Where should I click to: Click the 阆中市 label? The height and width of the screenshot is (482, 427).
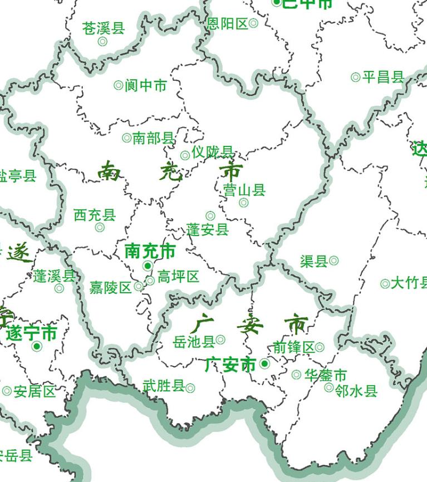[x=146, y=86]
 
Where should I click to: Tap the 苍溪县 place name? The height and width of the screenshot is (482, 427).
[x=104, y=28]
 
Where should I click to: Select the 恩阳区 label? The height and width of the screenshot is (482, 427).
[x=227, y=23]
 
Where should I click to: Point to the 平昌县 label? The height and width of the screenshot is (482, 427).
[x=383, y=77]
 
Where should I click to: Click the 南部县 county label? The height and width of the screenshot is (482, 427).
[x=154, y=138]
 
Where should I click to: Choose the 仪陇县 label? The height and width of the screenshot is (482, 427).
[x=213, y=152]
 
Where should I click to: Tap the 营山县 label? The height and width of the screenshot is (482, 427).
[x=244, y=190]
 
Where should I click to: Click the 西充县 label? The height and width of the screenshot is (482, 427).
[x=95, y=215]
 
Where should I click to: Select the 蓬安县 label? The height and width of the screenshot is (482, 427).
[x=208, y=229]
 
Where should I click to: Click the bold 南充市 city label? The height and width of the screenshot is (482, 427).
[x=150, y=251]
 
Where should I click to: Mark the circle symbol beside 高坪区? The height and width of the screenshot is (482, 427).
[x=150, y=281]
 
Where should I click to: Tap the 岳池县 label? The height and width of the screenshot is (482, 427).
[x=194, y=341]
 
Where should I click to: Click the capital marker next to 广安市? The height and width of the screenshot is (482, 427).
[x=265, y=364]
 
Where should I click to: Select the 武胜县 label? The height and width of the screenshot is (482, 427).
[x=164, y=385]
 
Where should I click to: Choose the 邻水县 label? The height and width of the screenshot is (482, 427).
[x=357, y=391]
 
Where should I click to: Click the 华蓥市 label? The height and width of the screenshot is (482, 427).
[x=326, y=375]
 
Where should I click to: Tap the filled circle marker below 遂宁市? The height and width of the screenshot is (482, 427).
[x=37, y=347]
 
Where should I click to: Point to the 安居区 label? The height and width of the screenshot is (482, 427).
[x=35, y=391]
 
